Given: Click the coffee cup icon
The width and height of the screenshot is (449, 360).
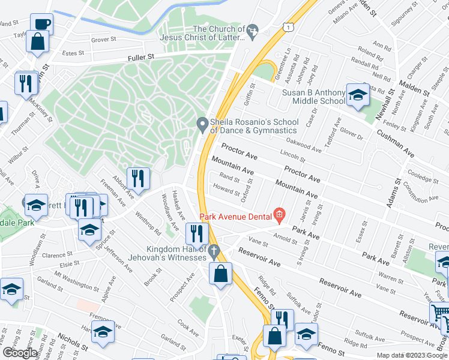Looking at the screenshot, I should pyautogui.click(x=42, y=24).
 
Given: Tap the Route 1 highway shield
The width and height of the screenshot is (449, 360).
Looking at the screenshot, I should pyautogui.click(x=290, y=27).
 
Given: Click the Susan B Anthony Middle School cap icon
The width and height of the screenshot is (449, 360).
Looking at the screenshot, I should pyautogui.click(x=358, y=95).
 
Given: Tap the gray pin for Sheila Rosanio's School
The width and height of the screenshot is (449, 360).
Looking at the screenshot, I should pyautogui.click(x=202, y=125).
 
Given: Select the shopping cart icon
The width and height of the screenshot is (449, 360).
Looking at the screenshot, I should pyautogui.click(x=439, y=313).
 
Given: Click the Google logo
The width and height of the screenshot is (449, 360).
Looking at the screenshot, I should pyautogui.click(x=20, y=353).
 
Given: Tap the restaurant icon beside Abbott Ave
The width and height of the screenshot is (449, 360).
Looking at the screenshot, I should pyautogui.click(x=138, y=178).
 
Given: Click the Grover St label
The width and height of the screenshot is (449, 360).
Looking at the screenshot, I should pyautogui.click(x=103, y=40).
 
